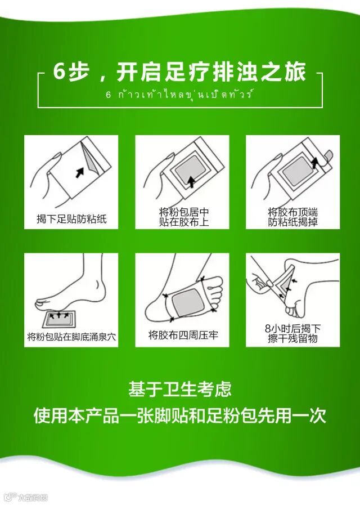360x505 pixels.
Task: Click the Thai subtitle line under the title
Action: [x=179, y=95]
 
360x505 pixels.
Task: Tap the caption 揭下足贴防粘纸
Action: [x=71, y=219]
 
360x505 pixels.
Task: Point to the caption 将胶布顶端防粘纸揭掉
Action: [x=292, y=217]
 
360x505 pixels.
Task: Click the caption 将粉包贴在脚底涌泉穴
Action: [x=71, y=337]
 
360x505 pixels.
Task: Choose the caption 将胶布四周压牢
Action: [x=183, y=335]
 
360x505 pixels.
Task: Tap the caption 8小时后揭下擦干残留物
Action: [x=292, y=333]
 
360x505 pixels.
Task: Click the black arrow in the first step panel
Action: [x=80, y=172]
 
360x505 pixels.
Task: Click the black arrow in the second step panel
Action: [x=191, y=182]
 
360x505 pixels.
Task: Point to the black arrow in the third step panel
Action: [x=315, y=163]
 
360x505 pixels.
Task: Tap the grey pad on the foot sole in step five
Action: [x=187, y=303]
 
